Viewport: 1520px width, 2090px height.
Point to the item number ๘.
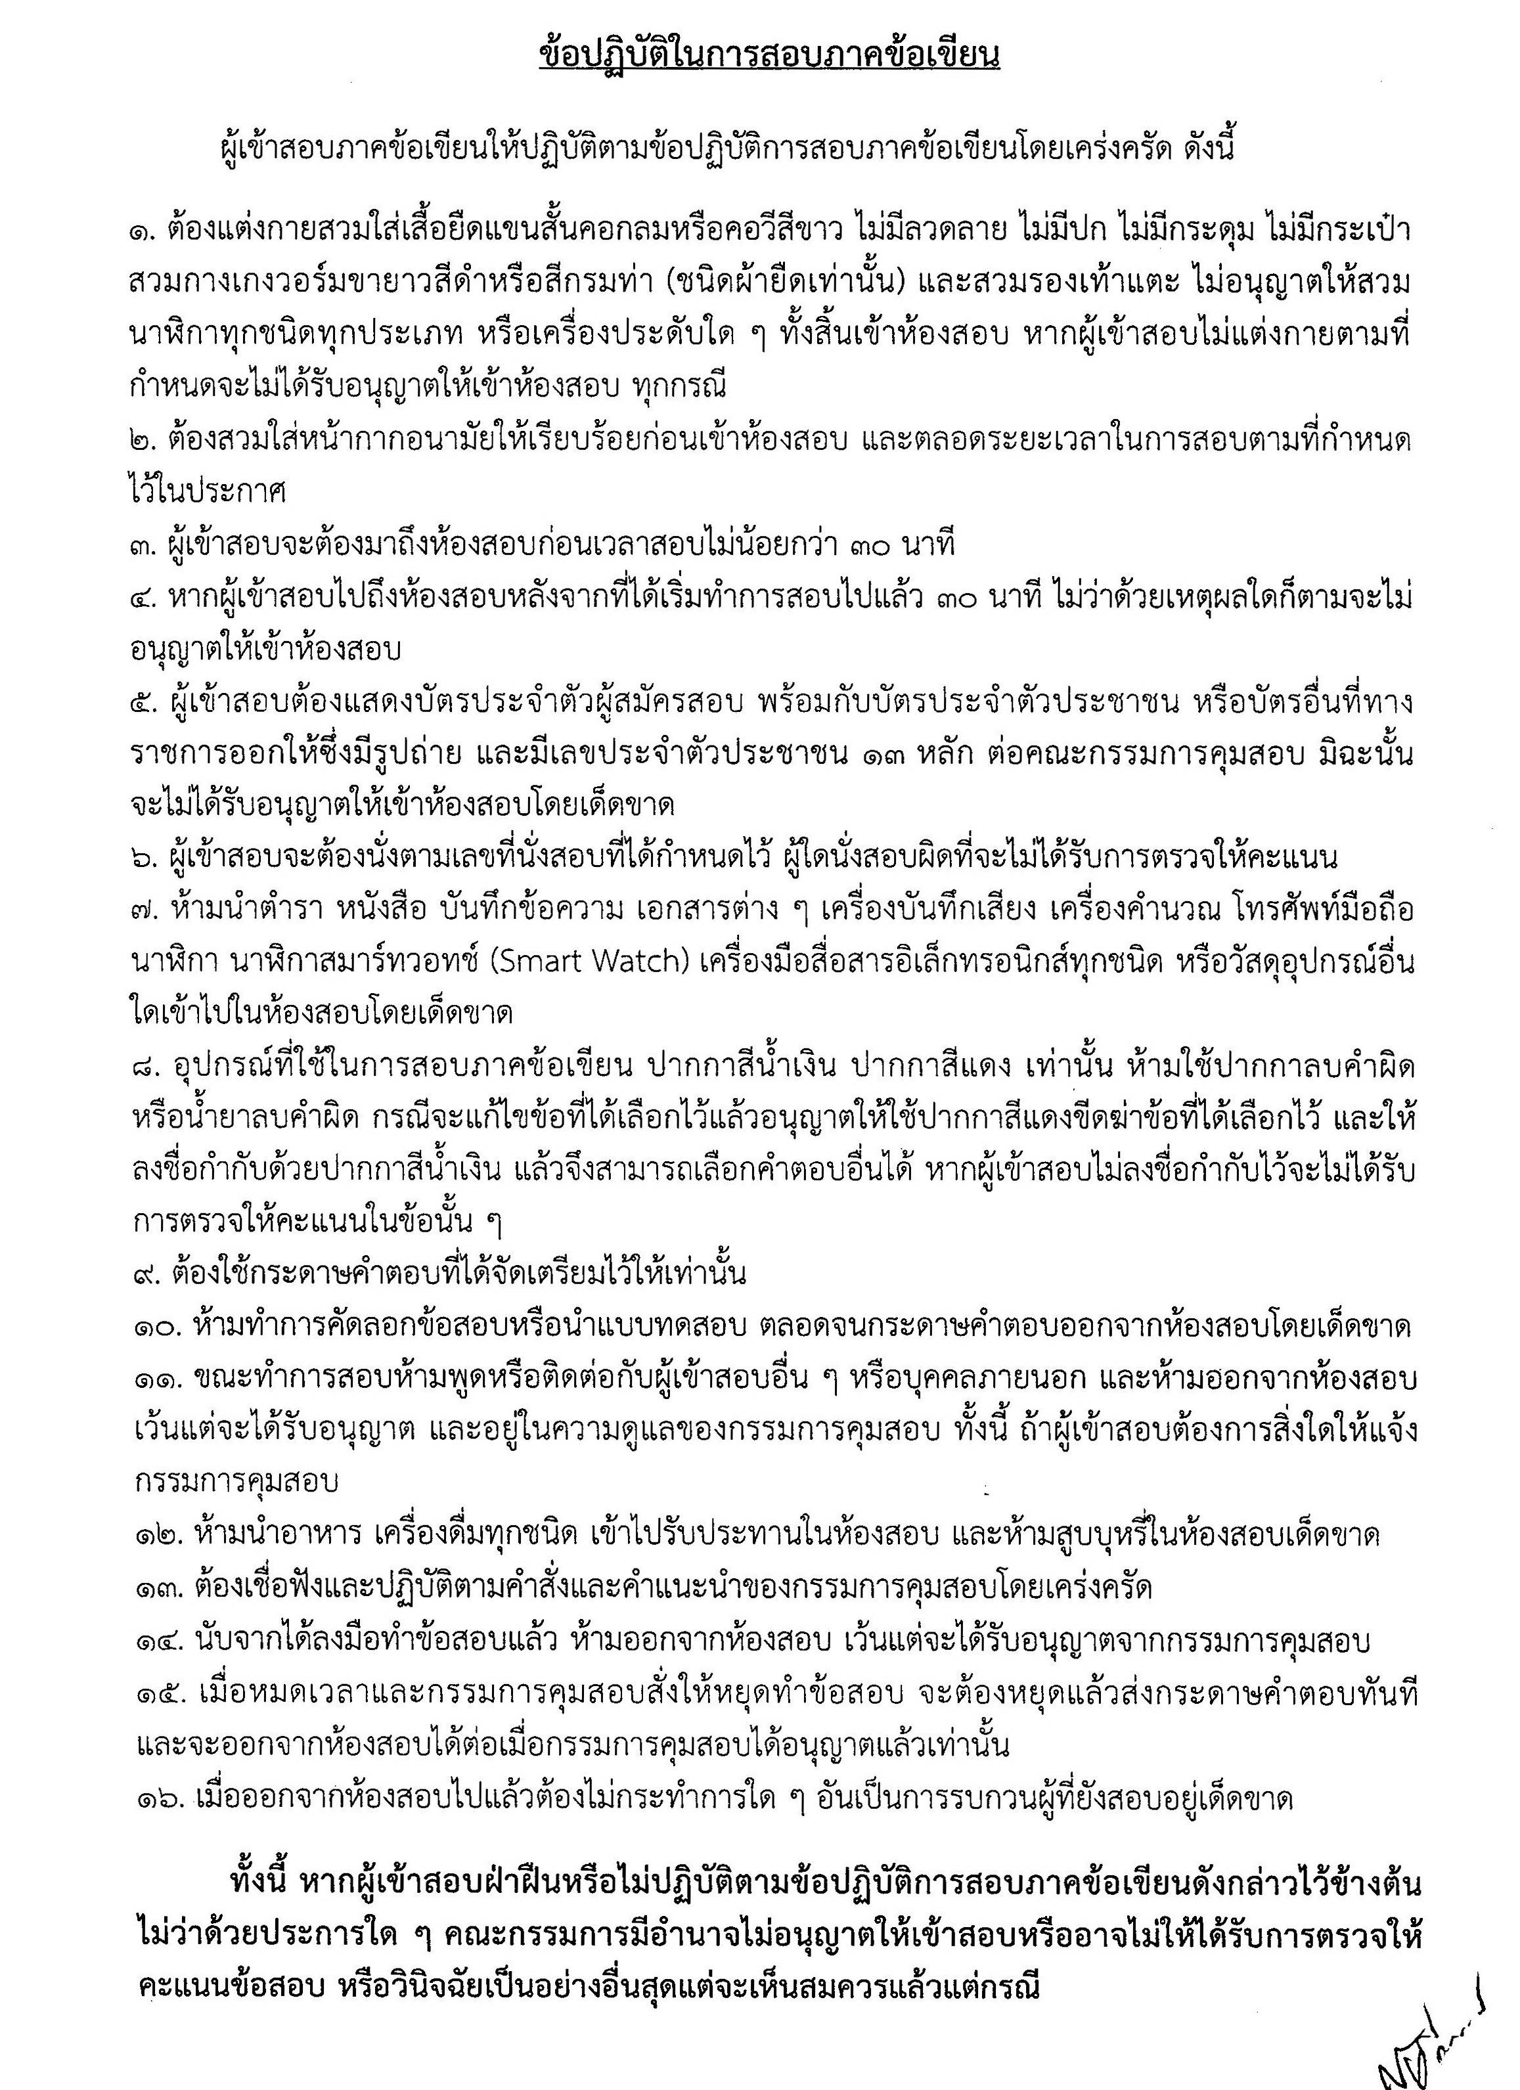(x=148, y=1068)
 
